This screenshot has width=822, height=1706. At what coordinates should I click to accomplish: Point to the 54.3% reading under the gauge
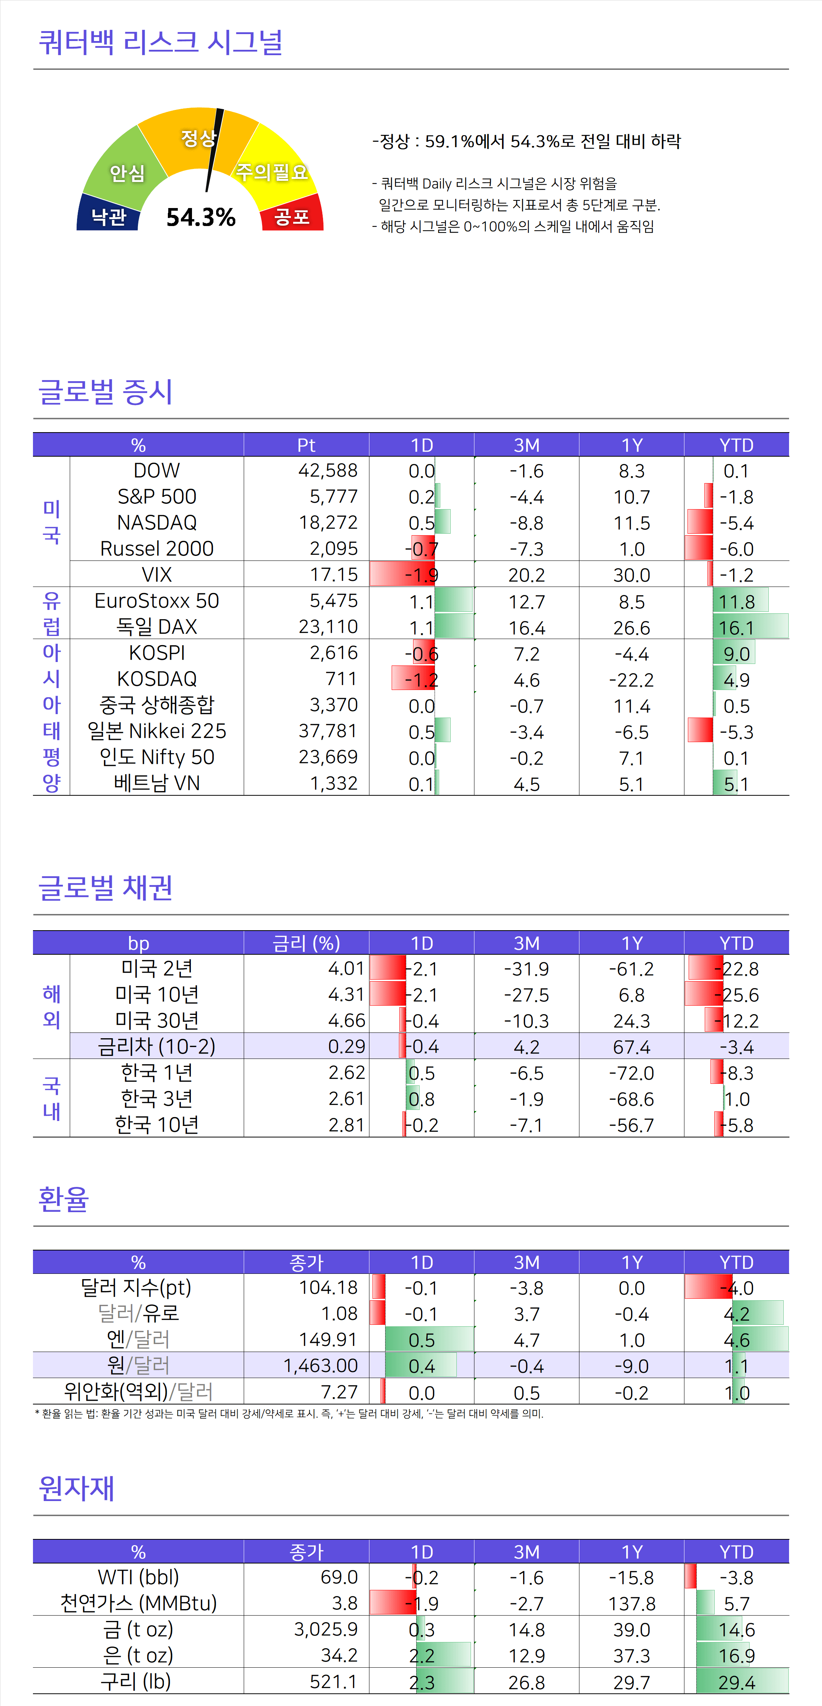[201, 217]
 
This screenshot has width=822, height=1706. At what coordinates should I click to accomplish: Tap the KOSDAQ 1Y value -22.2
[631, 680]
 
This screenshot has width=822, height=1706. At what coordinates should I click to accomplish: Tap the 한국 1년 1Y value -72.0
[631, 1073]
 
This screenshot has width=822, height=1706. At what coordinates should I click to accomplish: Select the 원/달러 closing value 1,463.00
[321, 1365]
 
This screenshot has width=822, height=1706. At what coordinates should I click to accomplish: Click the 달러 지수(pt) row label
[136, 1287]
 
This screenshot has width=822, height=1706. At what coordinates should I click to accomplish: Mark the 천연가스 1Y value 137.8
[631, 1603]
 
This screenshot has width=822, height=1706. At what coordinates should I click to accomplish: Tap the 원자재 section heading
[76, 1488]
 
